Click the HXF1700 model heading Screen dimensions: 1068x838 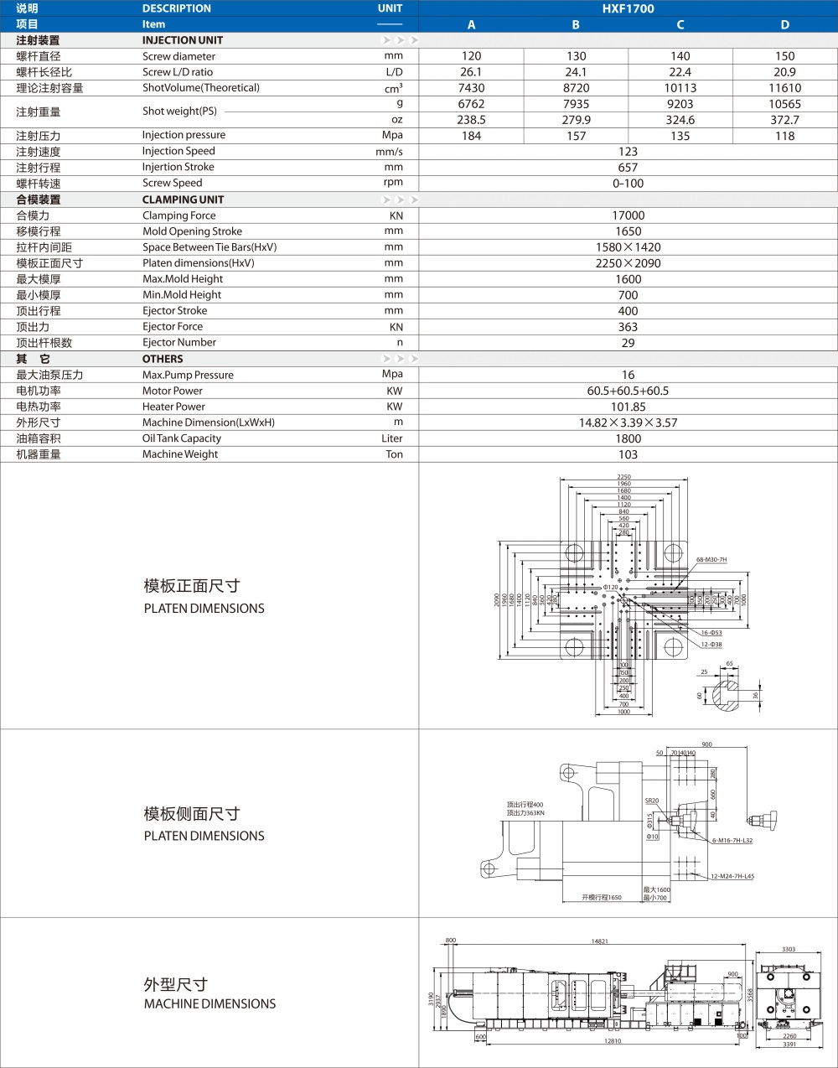coord(628,8)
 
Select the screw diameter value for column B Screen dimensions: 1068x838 coord(576,56)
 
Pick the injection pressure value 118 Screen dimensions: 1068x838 coord(784,136)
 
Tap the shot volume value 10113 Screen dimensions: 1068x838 coord(680,88)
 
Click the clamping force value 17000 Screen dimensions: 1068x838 coord(628,215)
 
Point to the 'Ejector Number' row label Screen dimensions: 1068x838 coord(179,343)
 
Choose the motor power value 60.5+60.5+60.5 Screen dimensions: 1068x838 coord(628,391)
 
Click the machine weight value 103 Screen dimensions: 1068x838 coord(628,454)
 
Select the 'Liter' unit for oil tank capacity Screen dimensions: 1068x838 coord(391,438)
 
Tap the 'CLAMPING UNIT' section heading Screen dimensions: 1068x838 coord(183,200)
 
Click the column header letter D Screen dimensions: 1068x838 coord(784,24)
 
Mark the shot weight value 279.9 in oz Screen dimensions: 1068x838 coord(576,120)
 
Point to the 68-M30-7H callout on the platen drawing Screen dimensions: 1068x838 coord(711,559)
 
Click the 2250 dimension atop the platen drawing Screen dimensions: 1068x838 coord(623,477)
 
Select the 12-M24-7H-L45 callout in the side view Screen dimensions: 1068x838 coord(732,876)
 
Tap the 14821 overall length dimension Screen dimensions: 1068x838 coord(599,941)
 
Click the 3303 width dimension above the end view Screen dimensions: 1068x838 coord(789,949)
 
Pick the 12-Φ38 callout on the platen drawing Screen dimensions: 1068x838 coord(711,645)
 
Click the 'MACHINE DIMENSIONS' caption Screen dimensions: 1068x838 coord(209,1003)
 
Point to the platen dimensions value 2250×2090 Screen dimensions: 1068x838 coord(628,263)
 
